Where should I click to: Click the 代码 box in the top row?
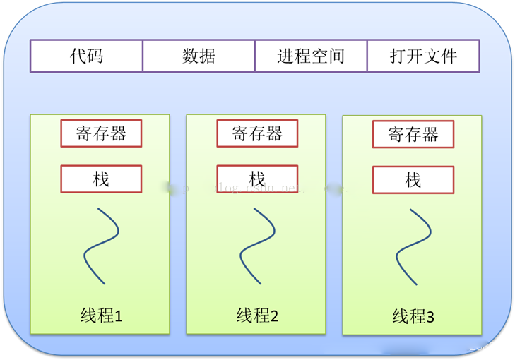tap(86, 56)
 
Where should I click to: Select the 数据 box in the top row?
tap(199, 56)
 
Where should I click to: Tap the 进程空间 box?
tap(311, 56)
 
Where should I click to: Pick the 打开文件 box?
tap(423, 56)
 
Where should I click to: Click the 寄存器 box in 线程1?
tap(101, 133)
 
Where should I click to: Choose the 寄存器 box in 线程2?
tap(257, 133)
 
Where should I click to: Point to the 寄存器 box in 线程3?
tap(413, 133)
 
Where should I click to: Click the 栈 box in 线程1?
tap(101, 179)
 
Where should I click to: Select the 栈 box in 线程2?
tap(257, 179)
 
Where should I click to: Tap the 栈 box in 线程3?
tap(413, 180)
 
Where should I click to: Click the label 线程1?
tap(101, 316)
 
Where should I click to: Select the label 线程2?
tap(257, 316)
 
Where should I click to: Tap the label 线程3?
tap(413, 317)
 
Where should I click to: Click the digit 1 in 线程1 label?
tap(119, 316)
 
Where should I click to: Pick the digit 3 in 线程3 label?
tap(430, 318)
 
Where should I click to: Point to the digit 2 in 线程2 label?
tap(274, 316)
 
